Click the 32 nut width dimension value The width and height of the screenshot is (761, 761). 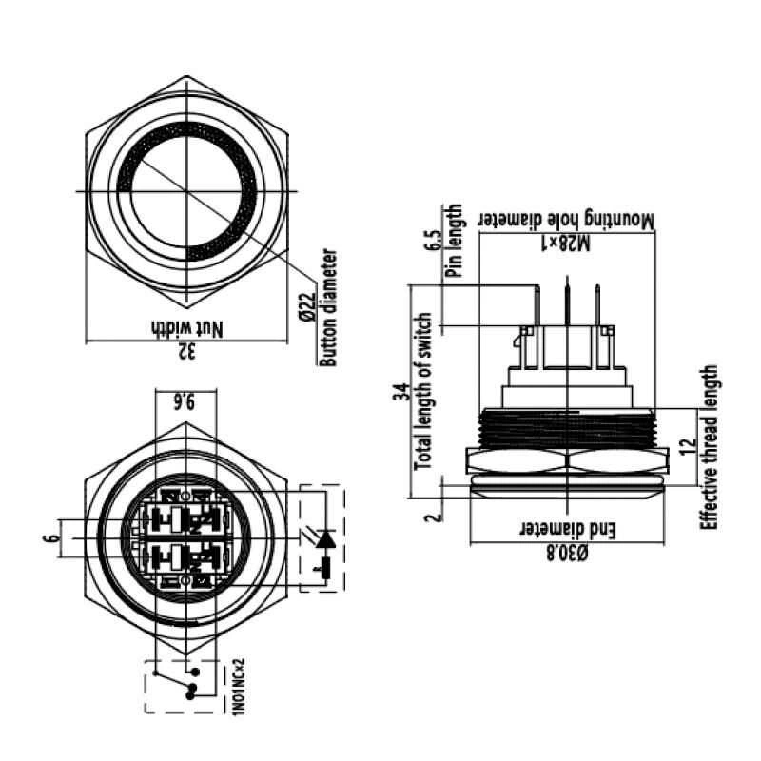click(x=187, y=350)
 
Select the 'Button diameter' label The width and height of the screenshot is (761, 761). click(x=328, y=307)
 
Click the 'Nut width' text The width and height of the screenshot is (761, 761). click(x=187, y=328)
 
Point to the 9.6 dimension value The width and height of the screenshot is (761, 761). click(x=185, y=401)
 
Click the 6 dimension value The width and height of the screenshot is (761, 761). click(x=53, y=537)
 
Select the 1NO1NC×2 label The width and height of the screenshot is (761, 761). click(x=240, y=686)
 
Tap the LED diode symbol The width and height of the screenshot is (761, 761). click(x=325, y=539)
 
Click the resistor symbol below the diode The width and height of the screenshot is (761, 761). click(x=325, y=568)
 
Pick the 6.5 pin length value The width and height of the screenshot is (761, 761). click(x=434, y=240)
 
